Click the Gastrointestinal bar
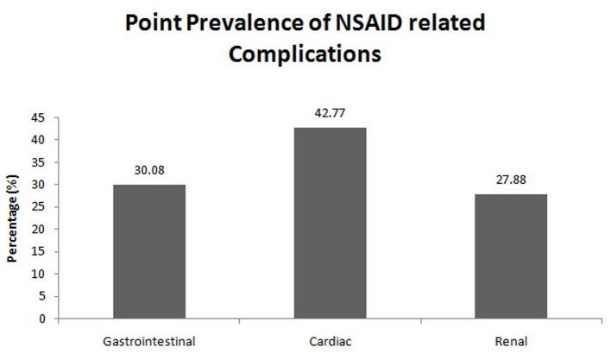tap(148, 251)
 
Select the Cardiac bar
tap(331, 223)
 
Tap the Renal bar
tap(513, 256)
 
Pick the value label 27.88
tap(513, 182)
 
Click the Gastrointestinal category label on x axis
tap(148, 340)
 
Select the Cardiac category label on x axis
tap(331, 340)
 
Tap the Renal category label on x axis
tap(513, 340)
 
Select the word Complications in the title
tap(305, 54)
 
